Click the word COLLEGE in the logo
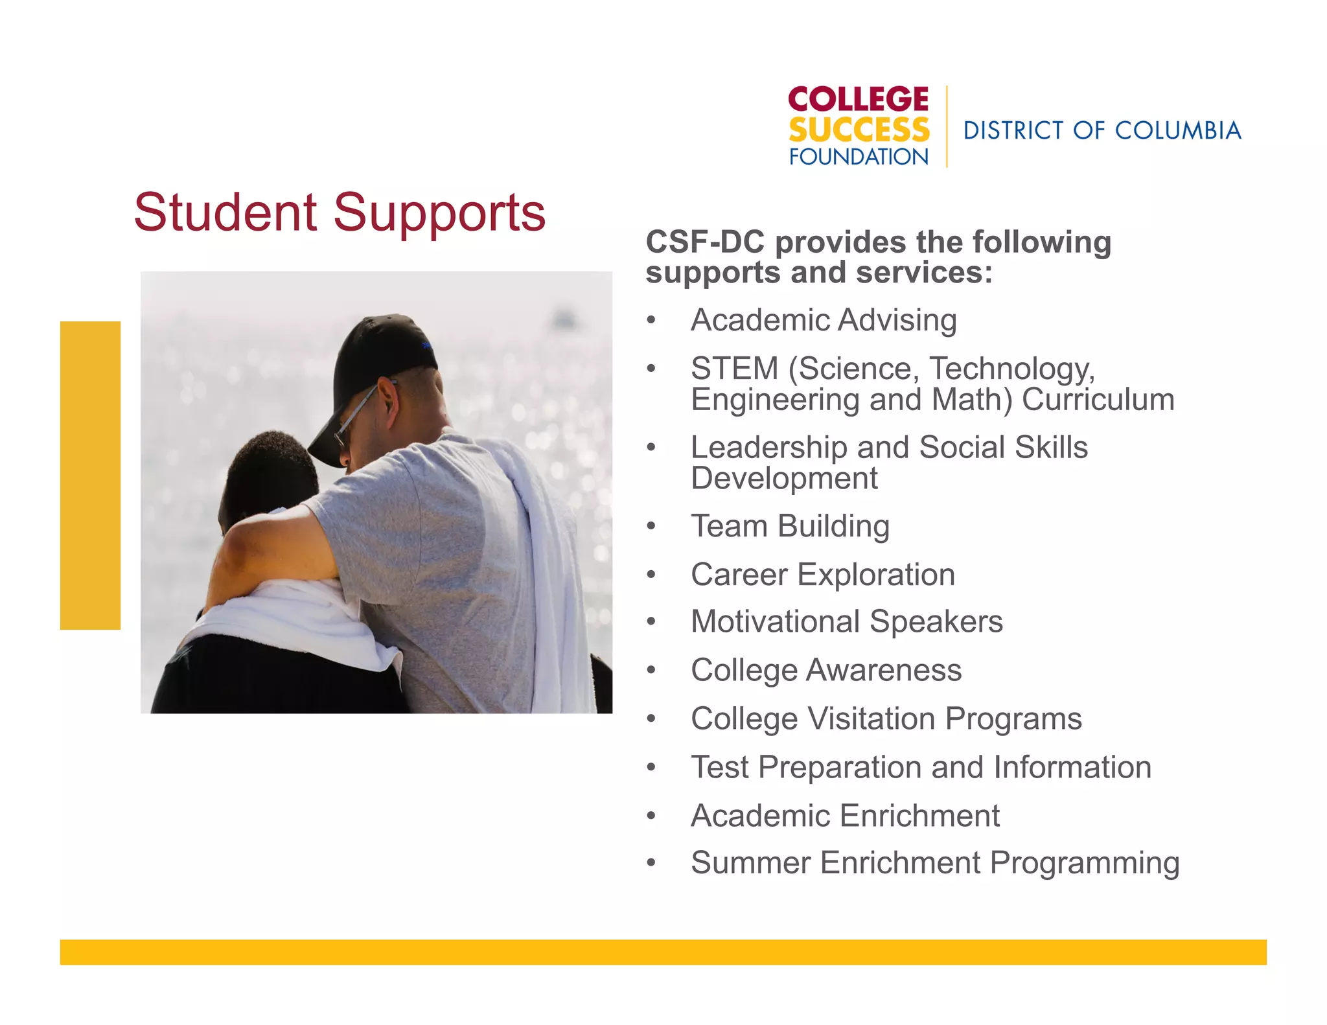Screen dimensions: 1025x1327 pyautogui.click(x=859, y=100)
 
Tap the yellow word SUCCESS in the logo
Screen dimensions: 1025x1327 pyautogui.click(x=859, y=130)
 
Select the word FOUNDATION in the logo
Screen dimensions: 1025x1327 pyautogui.click(x=859, y=157)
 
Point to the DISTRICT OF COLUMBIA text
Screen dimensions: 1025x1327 pyautogui.click(x=1102, y=131)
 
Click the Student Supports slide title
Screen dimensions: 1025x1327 pyautogui.click(x=340, y=213)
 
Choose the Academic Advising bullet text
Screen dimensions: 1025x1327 pyautogui.click(x=824, y=320)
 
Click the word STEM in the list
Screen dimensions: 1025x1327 pyautogui.click(x=734, y=369)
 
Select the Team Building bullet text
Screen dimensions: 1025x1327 pyautogui.click(x=790, y=526)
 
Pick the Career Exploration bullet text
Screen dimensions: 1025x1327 pyautogui.click(x=823, y=575)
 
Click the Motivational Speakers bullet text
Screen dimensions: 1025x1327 pyautogui.click(x=847, y=621)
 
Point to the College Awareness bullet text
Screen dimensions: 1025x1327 pyautogui.click(x=826, y=670)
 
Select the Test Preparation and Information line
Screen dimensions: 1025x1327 pyautogui.click(x=921, y=767)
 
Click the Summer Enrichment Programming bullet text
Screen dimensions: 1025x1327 pyautogui.click(x=935, y=863)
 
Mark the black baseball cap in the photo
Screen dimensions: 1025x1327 pyautogui.click(x=376, y=363)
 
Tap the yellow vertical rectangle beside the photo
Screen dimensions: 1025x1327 pyautogui.click(x=90, y=475)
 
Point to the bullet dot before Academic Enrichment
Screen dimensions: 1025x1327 pyautogui.click(x=651, y=816)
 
